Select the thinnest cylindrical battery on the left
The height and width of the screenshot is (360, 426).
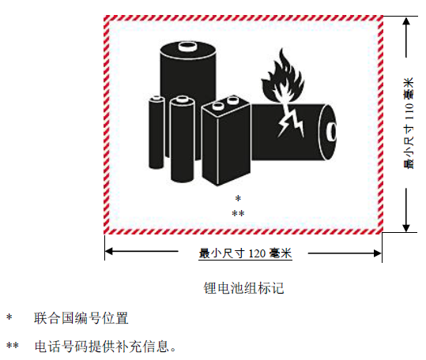156,132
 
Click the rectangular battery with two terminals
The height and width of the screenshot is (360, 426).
226,141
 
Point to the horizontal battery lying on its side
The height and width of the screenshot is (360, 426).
293,132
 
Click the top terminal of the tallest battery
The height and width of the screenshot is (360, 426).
187,47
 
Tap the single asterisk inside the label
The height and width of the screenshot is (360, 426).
238,199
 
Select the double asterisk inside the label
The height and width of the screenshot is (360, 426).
238,213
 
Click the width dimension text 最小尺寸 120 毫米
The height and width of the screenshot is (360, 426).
245,253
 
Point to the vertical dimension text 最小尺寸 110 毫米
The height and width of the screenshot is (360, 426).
409,123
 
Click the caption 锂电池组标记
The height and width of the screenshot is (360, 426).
243,288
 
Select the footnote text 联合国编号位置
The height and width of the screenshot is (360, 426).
81,318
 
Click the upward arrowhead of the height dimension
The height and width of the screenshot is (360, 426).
406,21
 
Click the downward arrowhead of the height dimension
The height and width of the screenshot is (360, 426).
406,227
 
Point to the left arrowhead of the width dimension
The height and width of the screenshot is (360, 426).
109,251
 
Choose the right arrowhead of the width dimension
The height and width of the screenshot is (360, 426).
377,253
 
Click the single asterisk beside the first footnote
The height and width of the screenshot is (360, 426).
9,317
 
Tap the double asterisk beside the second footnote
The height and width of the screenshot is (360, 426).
13,346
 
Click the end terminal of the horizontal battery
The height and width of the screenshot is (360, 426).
333,132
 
